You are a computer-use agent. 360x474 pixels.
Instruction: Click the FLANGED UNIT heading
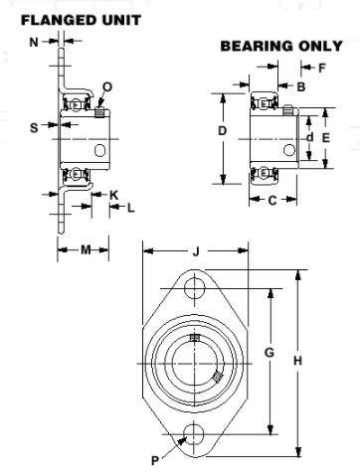click(x=81, y=20)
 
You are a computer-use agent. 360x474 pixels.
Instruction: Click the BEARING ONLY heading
click(x=281, y=46)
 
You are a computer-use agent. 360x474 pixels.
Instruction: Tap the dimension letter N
click(x=34, y=42)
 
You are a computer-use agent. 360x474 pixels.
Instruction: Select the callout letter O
click(x=107, y=86)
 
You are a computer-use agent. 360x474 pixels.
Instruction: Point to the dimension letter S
click(x=34, y=127)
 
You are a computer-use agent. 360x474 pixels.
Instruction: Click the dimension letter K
click(x=113, y=195)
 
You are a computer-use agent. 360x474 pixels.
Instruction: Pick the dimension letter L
click(x=131, y=208)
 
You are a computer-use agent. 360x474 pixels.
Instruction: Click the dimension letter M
click(x=86, y=249)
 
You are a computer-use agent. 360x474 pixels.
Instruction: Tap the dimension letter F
click(x=322, y=68)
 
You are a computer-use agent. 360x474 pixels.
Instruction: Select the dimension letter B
click(x=301, y=86)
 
